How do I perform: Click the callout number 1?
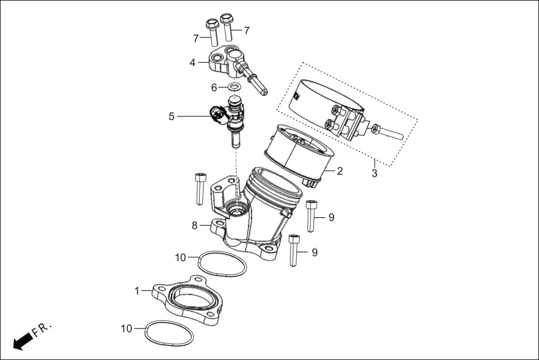click(x=137, y=290)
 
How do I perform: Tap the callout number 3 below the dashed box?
click(x=374, y=173)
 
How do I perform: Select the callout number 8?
click(x=194, y=225)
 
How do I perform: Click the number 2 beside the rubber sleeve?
click(x=340, y=171)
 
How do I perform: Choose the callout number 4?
click(x=192, y=63)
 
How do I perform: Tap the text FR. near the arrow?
click(x=42, y=330)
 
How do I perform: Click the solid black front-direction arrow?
click(x=21, y=341)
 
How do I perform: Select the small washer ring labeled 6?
click(x=235, y=87)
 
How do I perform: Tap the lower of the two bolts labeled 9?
click(x=294, y=251)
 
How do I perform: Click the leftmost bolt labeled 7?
click(x=212, y=33)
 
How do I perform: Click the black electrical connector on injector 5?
click(x=216, y=115)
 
